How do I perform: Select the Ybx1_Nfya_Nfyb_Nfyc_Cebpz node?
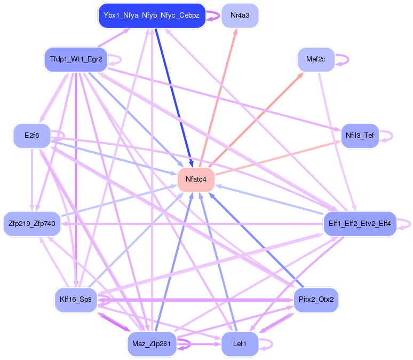152,15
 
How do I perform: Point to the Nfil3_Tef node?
360,135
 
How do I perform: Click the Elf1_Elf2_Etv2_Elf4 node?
360,223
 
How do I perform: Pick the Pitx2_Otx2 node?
316,300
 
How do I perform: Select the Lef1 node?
240,344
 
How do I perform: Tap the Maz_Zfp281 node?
152,344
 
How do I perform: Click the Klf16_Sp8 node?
76,300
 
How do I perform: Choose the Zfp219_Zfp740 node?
32,223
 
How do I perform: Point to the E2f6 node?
32,135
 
